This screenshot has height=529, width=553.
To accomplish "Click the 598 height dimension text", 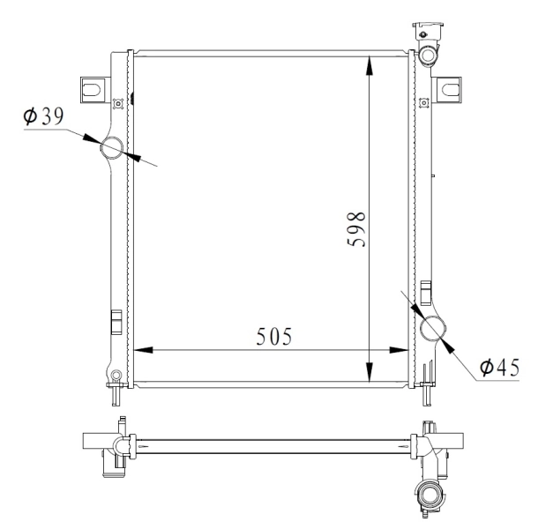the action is click(x=356, y=229).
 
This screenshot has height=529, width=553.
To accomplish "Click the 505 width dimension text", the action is click(x=274, y=336).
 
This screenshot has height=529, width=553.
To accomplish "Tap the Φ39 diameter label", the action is click(x=43, y=116).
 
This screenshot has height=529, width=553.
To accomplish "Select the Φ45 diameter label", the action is click(x=499, y=367).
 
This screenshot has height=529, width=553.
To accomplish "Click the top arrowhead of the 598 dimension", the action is click(x=370, y=65).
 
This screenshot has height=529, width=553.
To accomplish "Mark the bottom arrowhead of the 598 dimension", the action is click(x=370, y=372).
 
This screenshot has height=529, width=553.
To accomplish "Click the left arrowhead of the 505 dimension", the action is click(x=144, y=350).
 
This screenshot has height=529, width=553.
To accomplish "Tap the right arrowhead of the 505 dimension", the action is click(x=399, y=350).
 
